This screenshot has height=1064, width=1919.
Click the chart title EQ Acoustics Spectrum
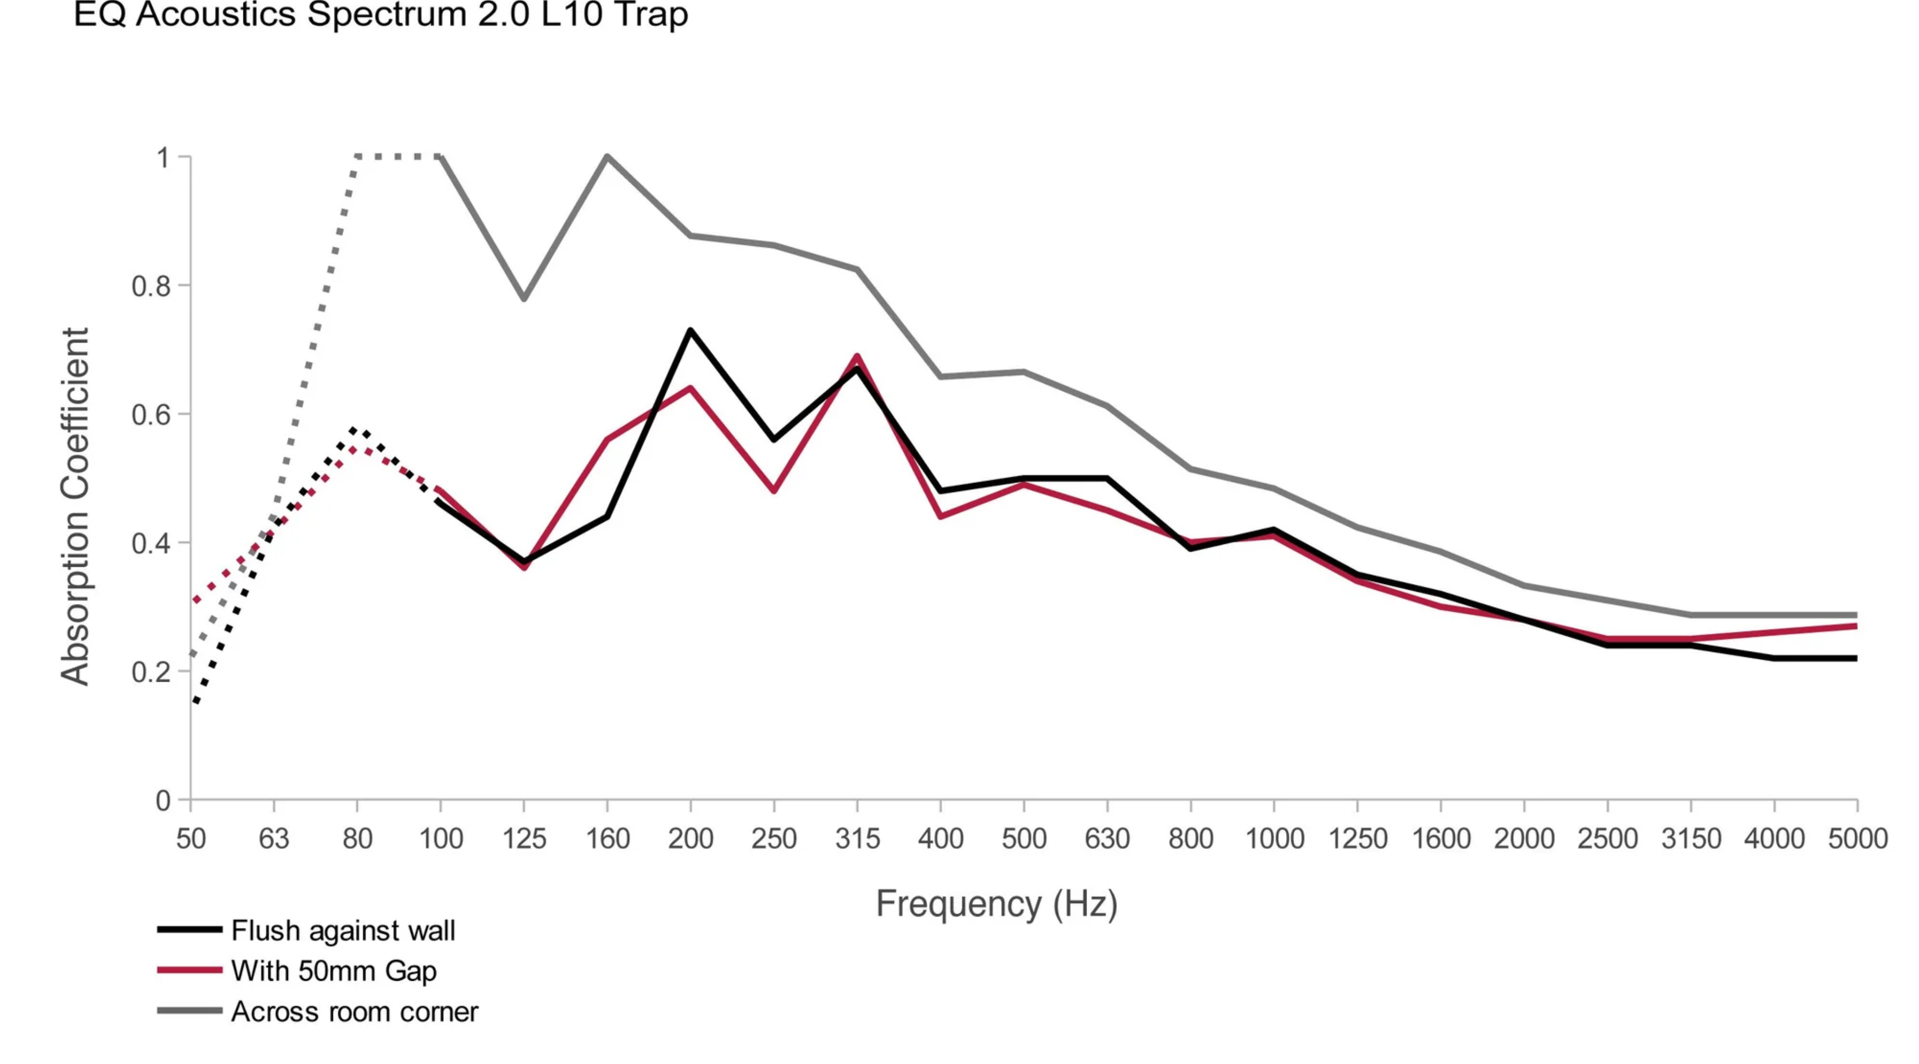[380, 15]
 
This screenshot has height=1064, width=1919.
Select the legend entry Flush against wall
[343, 930]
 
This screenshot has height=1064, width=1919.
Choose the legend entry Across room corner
[354, 1012]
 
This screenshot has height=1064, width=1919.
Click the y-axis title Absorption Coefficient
[75, 506]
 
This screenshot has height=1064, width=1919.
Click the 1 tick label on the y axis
[163, 158]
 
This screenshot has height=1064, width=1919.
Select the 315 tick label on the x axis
[857, 839]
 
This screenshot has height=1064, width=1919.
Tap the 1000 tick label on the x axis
[1274, 839]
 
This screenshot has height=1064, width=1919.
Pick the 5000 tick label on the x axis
[1857, 839]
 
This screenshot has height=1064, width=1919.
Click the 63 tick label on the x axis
[274, 839]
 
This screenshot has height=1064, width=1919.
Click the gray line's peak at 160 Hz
[607, 156]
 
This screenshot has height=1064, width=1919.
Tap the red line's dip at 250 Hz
[774, 491]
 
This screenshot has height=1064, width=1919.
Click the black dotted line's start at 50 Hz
[195, 701]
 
